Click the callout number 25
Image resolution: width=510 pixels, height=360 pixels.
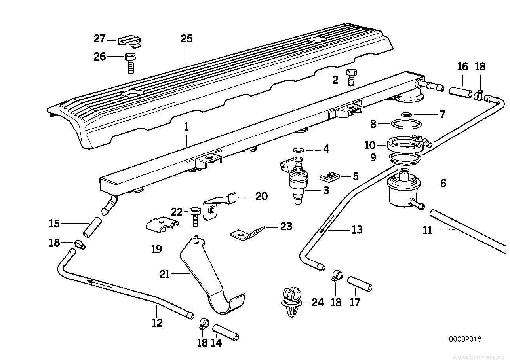(x=186, y=39)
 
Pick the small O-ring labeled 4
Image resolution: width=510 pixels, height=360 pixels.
(x=299, y=150)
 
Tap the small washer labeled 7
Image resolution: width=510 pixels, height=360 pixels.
(x=405, y=114)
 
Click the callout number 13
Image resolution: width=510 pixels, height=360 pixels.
(x=357, y=229)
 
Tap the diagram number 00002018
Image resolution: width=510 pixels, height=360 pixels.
(x=465, y=339)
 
